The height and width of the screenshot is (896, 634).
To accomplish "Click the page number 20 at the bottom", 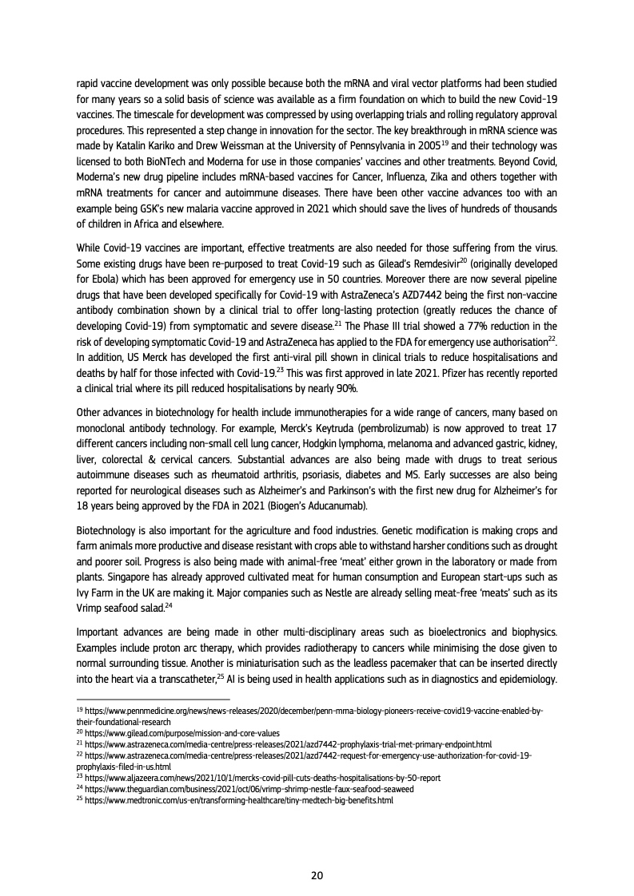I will [317, 875].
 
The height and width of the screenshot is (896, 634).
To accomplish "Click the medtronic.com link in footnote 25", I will [240, 800].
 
